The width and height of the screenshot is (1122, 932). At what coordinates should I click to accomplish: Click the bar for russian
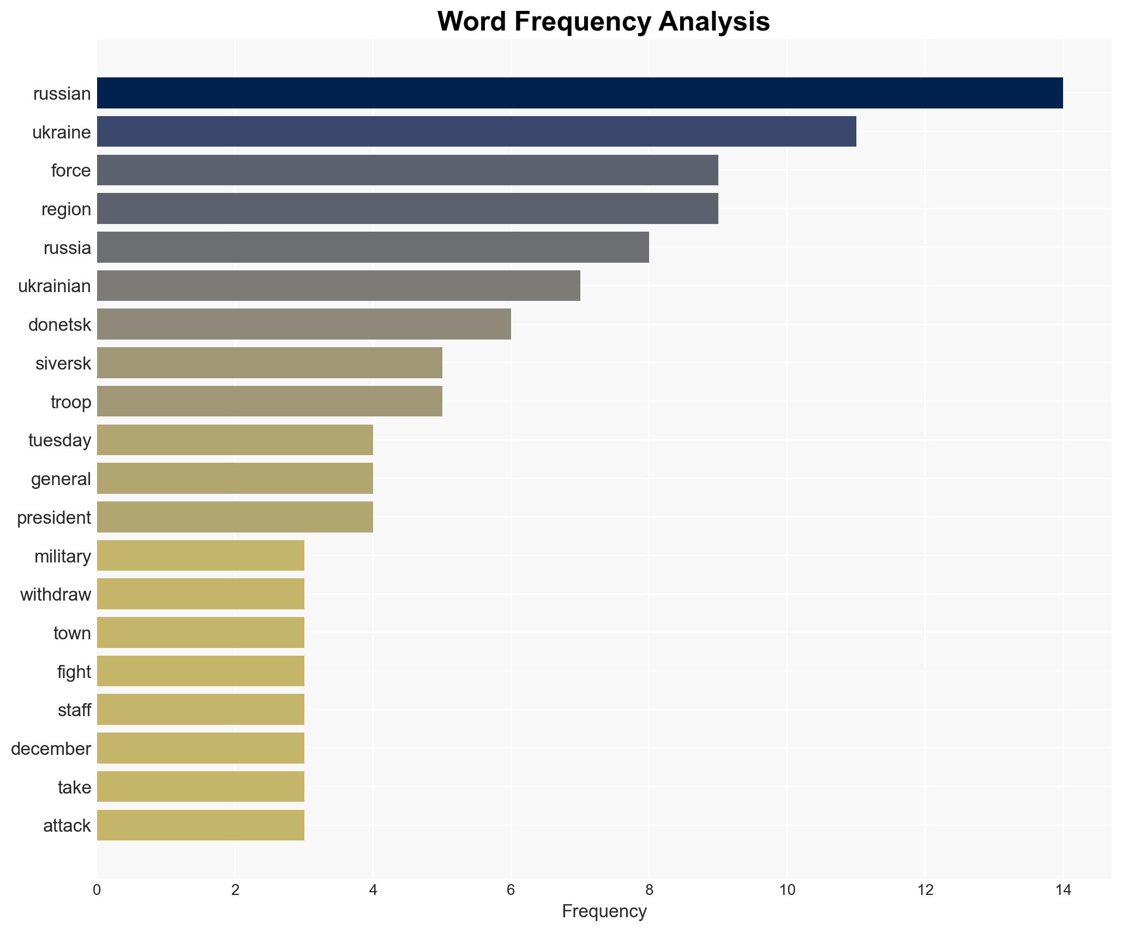(579, 93)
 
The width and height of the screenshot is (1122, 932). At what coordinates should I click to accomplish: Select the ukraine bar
(476, 132)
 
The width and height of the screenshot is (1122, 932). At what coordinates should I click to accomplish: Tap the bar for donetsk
(304, 324)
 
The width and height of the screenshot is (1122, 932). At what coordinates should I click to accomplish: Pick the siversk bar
(269, 363)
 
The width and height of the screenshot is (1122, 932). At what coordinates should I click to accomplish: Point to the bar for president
(235, 517)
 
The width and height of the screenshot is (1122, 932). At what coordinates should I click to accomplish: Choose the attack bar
(200, 825)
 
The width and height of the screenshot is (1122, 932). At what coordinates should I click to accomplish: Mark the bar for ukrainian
(338, 286)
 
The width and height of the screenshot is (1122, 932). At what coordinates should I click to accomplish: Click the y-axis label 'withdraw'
(56, 595)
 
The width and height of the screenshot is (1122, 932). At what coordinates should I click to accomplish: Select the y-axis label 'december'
(51, 749)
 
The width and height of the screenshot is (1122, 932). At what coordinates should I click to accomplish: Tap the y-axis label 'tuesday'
(59, 440)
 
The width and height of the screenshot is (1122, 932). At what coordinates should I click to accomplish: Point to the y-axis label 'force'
(71, 171)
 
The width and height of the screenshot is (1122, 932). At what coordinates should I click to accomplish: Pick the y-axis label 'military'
(62, 556)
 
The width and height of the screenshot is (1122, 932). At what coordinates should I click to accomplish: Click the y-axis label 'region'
(66, 209)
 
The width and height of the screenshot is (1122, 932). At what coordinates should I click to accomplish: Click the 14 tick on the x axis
(1063, 890)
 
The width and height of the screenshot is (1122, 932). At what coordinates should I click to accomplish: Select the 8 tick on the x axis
(649, 890)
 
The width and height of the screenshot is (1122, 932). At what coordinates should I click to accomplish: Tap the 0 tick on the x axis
(97, 890)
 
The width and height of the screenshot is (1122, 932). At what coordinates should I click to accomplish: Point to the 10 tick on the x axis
(787, 890)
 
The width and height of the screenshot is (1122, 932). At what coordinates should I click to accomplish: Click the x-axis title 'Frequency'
(604, 911)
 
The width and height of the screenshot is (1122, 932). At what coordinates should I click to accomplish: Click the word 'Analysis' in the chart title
(713, 22)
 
